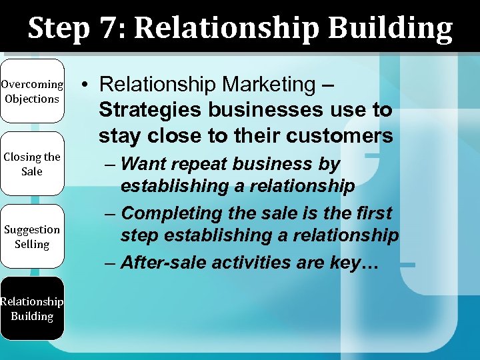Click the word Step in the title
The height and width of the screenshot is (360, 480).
click(x=59, y=28)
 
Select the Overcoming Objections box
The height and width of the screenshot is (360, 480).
click(x=32, y=91)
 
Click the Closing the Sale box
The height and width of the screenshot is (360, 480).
click(x=32, y=164)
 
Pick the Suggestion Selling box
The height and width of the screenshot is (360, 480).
click(x=32, y=237)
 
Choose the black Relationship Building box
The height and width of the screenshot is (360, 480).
click(x=32, y=309)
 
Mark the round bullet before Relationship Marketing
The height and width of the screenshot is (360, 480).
click(x=87, y=85)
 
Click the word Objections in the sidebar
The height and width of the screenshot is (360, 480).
click(x=32, y=99)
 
